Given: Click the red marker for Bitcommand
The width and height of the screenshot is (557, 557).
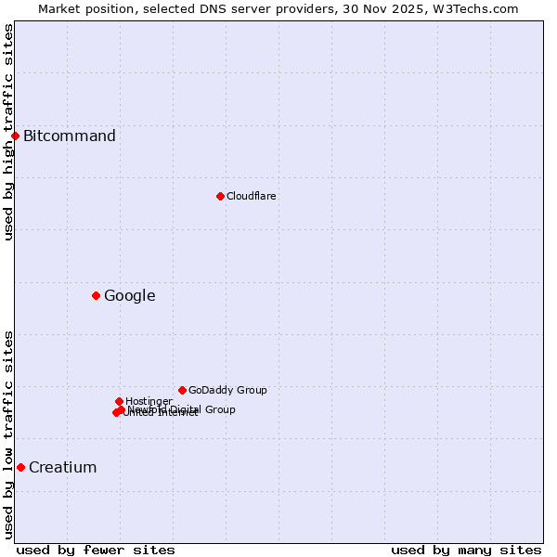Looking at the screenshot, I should (x=15, y=136).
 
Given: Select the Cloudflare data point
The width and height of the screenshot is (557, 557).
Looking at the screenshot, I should (x=220, y=196).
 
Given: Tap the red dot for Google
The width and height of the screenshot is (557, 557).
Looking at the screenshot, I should (x=96, y=295).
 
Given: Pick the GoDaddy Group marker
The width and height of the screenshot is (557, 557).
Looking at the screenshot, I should (x=182, y=390).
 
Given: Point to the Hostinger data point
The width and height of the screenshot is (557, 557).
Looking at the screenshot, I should (x=119, y=401).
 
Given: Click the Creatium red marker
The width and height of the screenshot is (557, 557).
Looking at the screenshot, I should (x=20, y=467).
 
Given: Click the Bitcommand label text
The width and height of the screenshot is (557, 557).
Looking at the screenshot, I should (x=70, y=136).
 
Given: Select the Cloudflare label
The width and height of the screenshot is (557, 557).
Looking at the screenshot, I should (x=252, y=196).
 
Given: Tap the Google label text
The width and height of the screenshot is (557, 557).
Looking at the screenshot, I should (x=130, y=296).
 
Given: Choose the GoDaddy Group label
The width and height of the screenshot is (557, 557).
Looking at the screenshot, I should (x=227, y=390).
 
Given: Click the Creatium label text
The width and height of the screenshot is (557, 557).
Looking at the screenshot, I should (x=63, y=467).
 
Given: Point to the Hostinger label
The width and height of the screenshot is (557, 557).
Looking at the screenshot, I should (x=149, y=401).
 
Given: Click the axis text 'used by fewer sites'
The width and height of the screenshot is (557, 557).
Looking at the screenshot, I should (x=96, y=550).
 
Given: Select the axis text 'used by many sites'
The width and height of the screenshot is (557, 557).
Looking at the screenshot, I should (x=466, y=550).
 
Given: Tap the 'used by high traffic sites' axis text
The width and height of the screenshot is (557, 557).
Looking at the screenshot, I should (x=8, y=132).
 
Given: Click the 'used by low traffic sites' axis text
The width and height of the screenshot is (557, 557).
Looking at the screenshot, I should (x=8, y=434).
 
